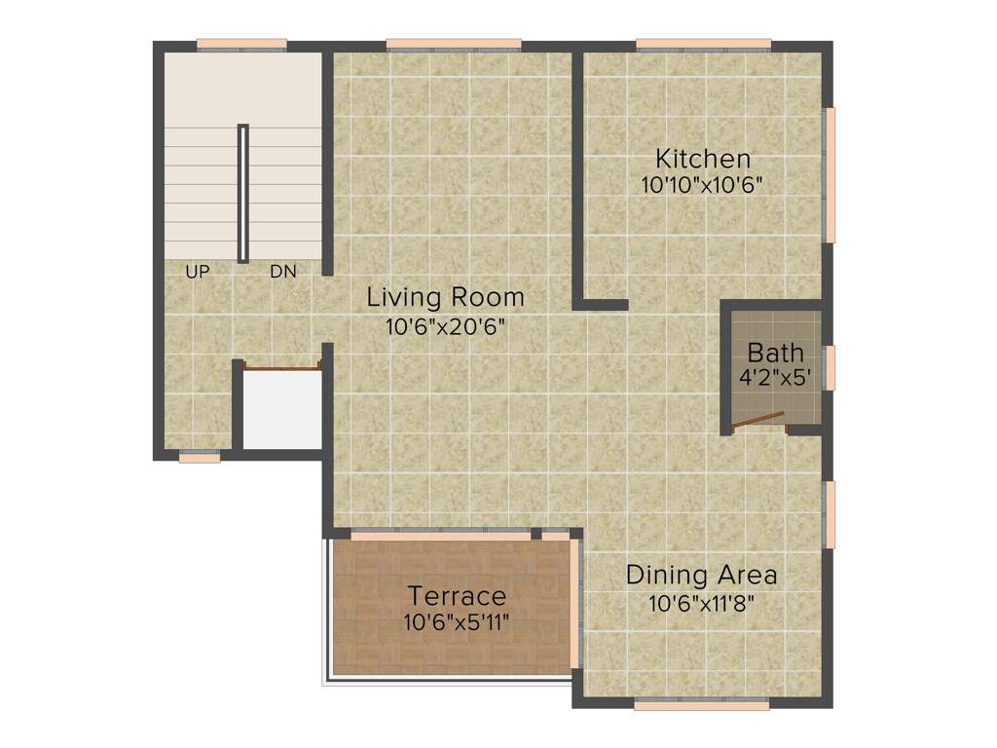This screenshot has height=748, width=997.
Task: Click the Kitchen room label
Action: tap(702, 158)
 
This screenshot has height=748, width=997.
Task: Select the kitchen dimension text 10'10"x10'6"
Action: tap(701, 185)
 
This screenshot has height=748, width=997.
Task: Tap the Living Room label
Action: tap(445, 296)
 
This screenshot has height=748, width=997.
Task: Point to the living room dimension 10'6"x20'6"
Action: tap(445, 327)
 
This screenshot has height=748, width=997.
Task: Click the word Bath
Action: tap(775, 352)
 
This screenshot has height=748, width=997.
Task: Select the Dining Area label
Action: tap(701, 575)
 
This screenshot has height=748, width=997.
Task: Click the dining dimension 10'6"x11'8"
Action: tap(701, 603)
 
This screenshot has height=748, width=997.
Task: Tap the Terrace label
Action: tap(457, 594)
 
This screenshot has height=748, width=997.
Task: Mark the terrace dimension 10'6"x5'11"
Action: tap(457, 620)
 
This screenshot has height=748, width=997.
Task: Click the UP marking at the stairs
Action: tap(197, 272)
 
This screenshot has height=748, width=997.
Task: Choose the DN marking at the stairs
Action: tap(282, 272)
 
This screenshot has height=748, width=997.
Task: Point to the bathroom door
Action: tap(759, 421)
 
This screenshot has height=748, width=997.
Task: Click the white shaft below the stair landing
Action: tap(282, 409)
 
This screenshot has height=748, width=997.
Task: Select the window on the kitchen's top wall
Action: tap(703, 44)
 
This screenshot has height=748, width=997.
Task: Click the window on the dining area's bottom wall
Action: tap(701, 704)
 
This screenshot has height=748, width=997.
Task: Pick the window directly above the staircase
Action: tap(241, 44)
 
